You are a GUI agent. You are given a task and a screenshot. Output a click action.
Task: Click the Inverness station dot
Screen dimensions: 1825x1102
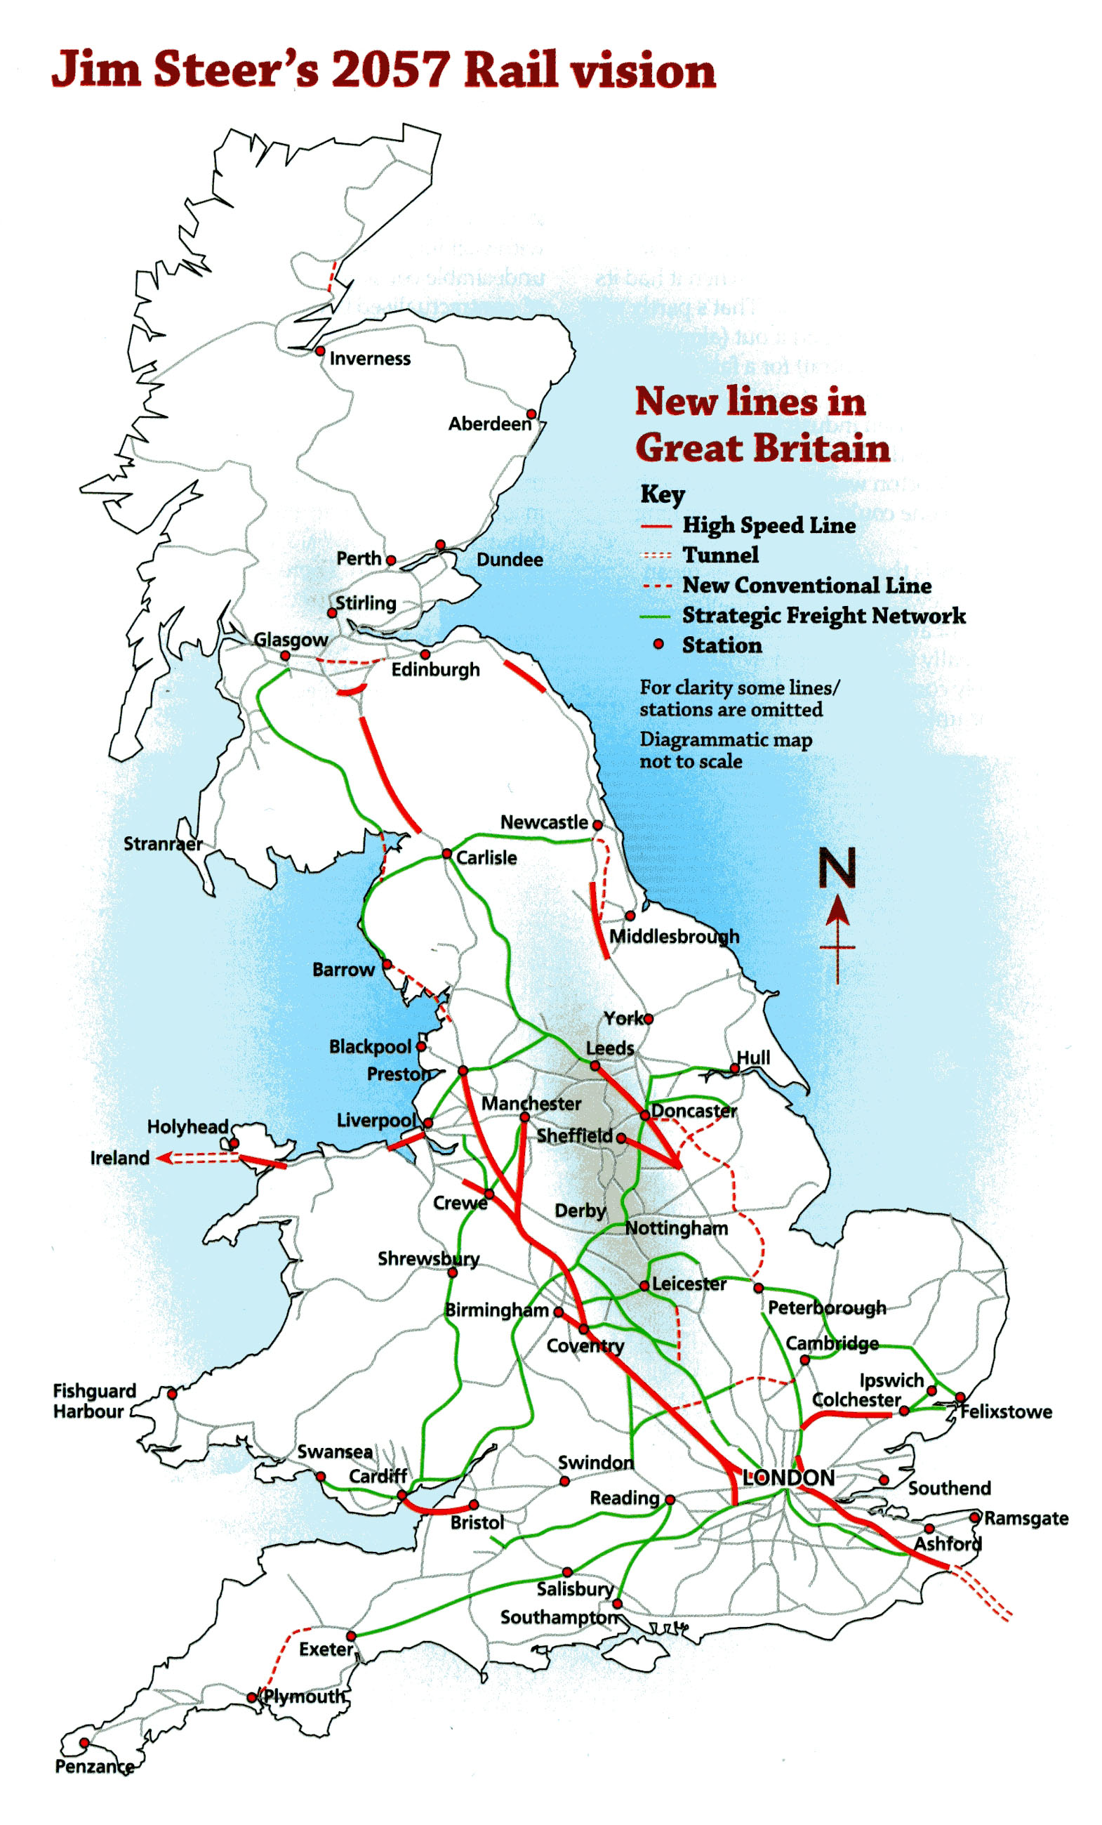click(x=320, y=351)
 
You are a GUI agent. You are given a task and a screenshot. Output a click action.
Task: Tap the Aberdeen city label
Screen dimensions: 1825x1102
click(x=489, y=423)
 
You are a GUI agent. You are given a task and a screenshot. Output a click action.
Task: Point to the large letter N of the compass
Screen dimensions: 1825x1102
click(x=837, y=868)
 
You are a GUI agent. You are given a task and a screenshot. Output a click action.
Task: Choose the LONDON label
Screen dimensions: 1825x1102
click(x=788, y=1477)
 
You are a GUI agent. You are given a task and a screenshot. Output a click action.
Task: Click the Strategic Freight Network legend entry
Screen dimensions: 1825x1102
click(x=823, y=616)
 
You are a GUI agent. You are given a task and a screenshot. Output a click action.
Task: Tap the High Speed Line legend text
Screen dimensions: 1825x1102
click(x=769, y=525)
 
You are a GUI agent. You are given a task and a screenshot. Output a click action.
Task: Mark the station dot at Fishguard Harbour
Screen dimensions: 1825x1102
click(x=172, y=1394)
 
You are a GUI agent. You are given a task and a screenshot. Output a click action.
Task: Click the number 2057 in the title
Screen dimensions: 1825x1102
click(x=390, y=70)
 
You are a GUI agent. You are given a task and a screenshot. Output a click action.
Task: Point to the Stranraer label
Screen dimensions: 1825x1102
click(x=162, y=843)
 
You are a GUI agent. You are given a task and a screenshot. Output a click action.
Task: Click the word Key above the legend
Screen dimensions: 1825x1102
click(x=662, y=494)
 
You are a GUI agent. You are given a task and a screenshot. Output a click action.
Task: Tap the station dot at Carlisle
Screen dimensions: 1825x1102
click(x=446, y=854)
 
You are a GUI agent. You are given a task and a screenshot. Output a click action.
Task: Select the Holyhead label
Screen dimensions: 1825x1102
click(x=187, y=1126)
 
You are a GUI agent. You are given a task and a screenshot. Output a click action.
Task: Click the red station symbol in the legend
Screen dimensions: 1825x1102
click(x=658, y=645)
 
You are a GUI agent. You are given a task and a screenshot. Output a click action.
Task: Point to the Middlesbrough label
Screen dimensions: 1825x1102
click(x=674, y=936)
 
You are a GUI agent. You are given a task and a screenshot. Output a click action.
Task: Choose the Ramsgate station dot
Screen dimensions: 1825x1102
click(x=975, y=1517)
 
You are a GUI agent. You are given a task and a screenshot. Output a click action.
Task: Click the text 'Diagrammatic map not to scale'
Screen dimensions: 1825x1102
click(x=725, y=751)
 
